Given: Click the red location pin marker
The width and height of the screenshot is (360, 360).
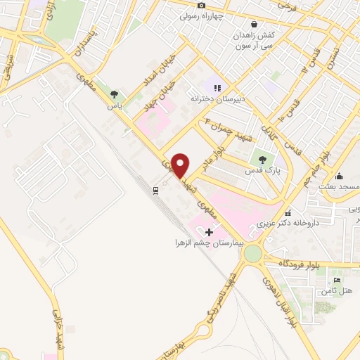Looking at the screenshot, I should (x=180, y=165).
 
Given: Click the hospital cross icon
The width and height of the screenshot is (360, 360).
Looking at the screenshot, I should (x=209, y=231).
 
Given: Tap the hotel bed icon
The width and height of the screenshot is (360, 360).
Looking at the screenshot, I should (x=337, y=281).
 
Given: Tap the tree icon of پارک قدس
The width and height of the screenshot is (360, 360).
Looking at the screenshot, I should (x=264, y=160).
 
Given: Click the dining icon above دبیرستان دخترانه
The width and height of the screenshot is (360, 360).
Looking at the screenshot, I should (x=217, y=89).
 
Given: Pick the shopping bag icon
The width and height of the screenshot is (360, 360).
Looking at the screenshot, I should (x=243, y=24).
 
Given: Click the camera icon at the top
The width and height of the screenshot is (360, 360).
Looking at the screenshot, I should (x=201, y=5).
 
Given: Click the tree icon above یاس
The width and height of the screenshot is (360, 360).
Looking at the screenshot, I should (x=114, y=94).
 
